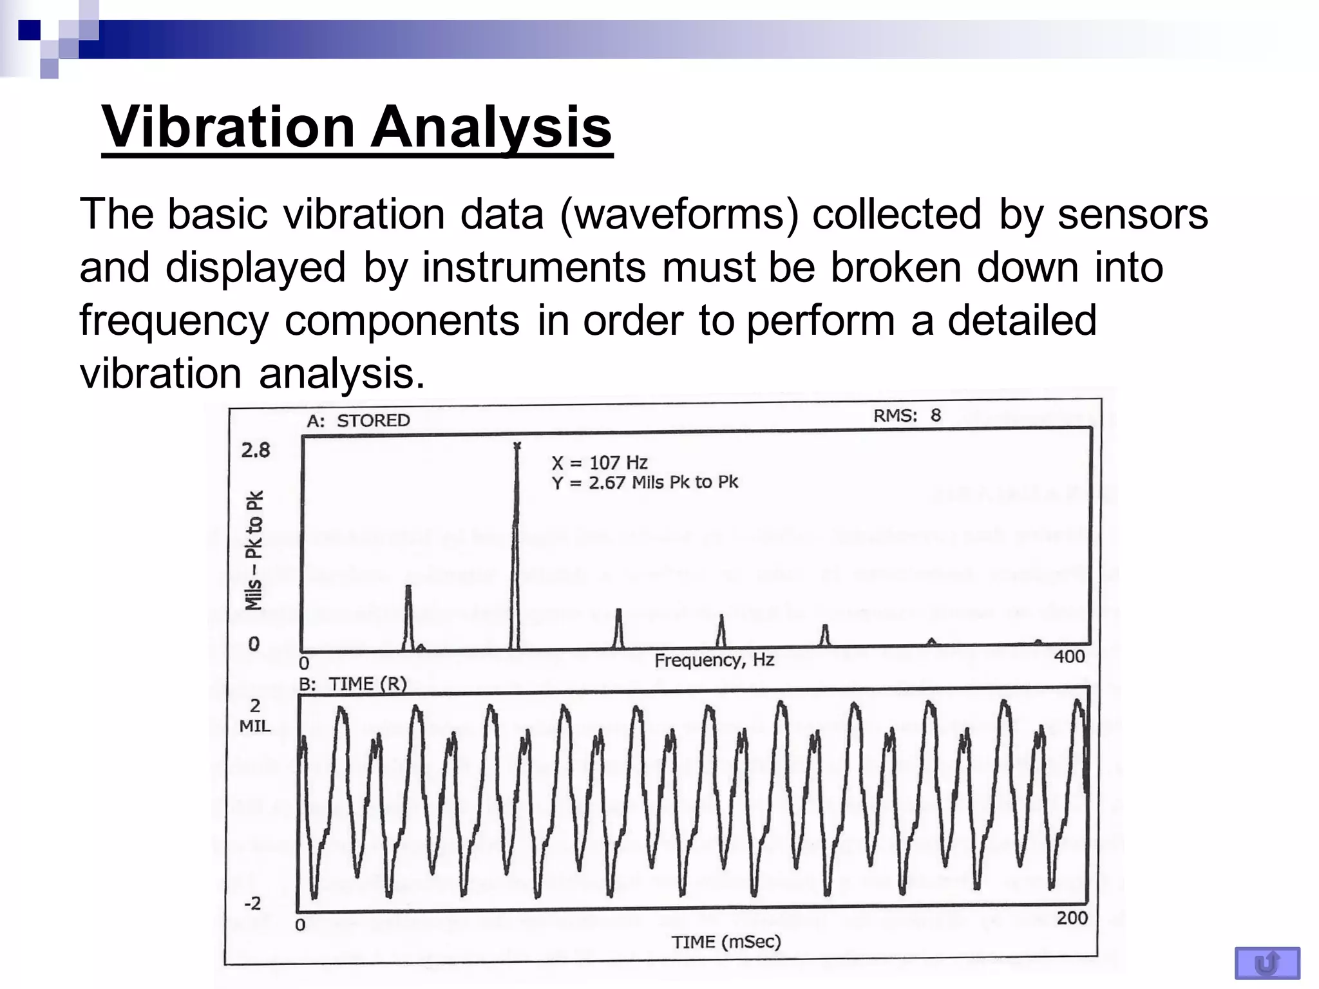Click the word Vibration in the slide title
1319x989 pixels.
click(x=229, y=127)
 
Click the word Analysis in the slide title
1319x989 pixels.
click(x=491, y=127)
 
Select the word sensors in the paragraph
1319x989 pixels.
click(x=1133, y=214)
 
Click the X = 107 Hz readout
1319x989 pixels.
click(x=599, y=462)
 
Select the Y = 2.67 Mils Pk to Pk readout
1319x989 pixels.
click(x=645, y=482)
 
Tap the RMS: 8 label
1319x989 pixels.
click(x=907, y=415)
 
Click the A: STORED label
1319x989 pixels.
click(x=358, y=420)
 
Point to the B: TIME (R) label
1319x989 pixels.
click(x=353, y=684)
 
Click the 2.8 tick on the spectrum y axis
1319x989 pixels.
click(x=256, y=450)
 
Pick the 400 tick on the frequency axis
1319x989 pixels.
click(x=1069, y=657)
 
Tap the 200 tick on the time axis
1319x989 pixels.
click(x=1072, y=918)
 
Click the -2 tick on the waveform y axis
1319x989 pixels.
click(x=252, y=903)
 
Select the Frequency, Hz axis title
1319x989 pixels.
click(x=714, y=660)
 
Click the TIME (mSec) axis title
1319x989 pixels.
click(x=726, y=943)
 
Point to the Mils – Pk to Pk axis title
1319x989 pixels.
click(x=254, y=550)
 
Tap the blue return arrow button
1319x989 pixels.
click(x=1267, y=963)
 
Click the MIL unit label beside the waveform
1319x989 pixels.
click(x=255, y=726)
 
